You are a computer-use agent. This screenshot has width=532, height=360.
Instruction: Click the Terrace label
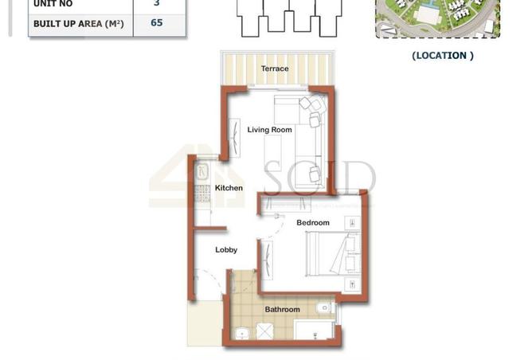click(275, 68)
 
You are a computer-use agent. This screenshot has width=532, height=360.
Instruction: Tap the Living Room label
click(269, 130)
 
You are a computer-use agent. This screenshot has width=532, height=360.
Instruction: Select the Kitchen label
click(229, 188)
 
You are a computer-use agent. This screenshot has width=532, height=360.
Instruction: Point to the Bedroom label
click(313, 223)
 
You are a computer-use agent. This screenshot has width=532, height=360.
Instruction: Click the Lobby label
click(226, 250)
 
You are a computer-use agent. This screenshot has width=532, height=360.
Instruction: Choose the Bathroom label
click(282, 309)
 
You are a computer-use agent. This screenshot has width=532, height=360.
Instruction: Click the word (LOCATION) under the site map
click(443, 56)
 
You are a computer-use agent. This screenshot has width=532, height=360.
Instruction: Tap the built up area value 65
click(156, 23)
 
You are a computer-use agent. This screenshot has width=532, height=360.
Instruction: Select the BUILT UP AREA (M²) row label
click(79, 24)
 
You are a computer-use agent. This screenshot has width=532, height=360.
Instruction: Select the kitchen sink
click(201, 170)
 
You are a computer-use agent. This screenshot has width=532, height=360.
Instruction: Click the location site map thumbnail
click(437, 18)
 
